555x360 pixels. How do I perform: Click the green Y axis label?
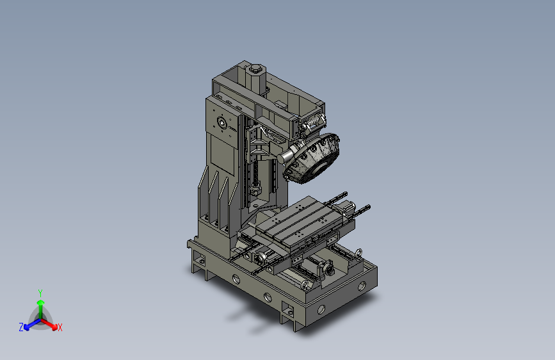pyautogui.click(x=40, y=293)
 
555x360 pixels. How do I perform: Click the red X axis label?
pyautogui.click(x=60, y=327)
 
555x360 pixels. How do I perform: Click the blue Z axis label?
pyautogui.click(x=21, y=327)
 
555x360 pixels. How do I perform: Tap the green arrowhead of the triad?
pyautogui.click(x=41, y=302)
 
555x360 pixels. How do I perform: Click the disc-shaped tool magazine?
pyautogui.click(x=312, y=158)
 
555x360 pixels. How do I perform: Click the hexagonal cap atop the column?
pyautogui.click(x=255, y=69)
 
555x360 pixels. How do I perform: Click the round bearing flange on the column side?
pyautogui.click(x=222, y=123)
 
